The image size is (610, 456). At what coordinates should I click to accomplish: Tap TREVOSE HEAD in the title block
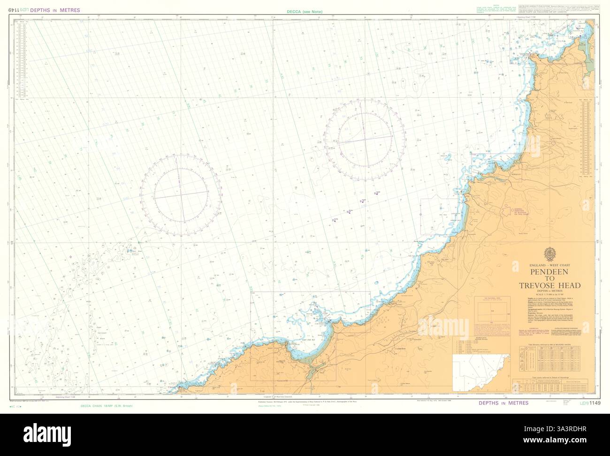click(x=549, y=285)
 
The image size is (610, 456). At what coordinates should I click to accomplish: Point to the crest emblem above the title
click(x=549, y=254)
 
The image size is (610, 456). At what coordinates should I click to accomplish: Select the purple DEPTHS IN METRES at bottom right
click(x=503, y=403)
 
